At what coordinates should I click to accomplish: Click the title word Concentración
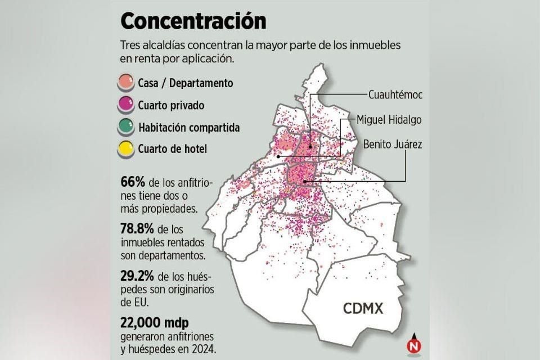point(193,21)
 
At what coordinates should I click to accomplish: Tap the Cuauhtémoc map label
point(395,94)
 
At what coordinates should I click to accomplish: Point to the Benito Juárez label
point(393,145)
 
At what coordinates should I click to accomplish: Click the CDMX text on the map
point(363,308)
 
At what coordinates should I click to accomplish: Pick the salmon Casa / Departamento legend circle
point(127,83)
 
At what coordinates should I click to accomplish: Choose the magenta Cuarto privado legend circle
point(127,105)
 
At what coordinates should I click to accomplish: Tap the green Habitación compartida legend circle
point(127,127)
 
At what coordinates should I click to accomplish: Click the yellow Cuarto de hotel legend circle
point(127,149)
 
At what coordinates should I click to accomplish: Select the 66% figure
point(133,182)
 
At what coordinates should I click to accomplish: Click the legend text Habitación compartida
point(189,128)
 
